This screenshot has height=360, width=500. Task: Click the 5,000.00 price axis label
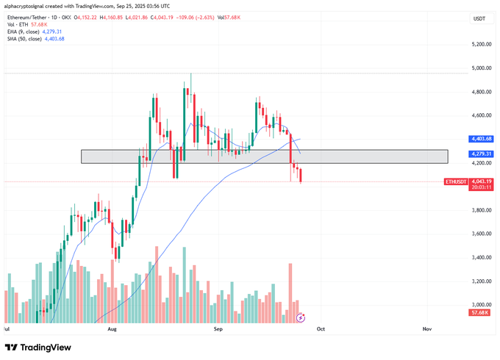(482, 68)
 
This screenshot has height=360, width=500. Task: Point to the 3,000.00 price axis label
(482, 305)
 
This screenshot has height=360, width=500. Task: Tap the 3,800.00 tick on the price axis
(482, 210)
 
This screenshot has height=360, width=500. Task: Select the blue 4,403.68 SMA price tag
(482, 139)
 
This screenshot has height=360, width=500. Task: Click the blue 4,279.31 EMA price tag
(482, 154)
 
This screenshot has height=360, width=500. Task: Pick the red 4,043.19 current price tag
(482, 181)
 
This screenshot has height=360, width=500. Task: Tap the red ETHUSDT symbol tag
(455, 181)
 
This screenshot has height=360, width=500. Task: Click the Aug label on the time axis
(112, 331)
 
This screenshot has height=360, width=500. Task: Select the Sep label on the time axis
(218, 331)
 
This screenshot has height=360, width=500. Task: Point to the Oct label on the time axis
(321, 331)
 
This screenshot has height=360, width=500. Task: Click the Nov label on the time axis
(426, 331)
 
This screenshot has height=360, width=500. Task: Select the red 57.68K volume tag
(482, 313)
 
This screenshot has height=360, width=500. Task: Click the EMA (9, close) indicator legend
(35, 32)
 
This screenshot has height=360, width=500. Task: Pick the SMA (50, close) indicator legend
(36, 39)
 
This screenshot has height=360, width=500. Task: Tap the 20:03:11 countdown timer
(482, 188)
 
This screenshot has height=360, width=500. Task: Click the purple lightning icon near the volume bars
(300, 317)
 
